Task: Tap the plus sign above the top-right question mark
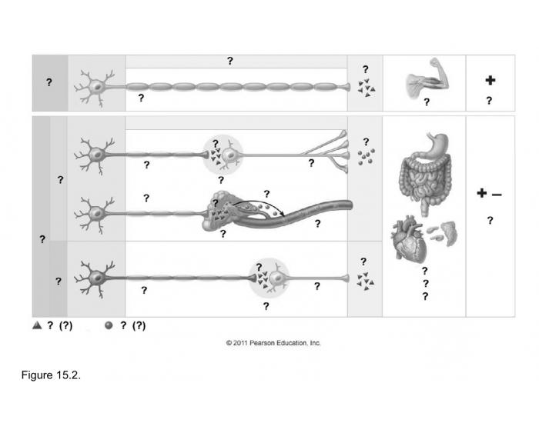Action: pyautogui.click(x=490, y=80)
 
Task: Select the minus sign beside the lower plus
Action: pyautogui.click(x=497, y=195)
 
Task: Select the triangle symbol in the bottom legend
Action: pyautogui.click(x=36, y=325)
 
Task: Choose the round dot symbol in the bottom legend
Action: pyautogui.click(x=109, y=325)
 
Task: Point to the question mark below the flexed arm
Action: pyautogui.click(x=426, y=102)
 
